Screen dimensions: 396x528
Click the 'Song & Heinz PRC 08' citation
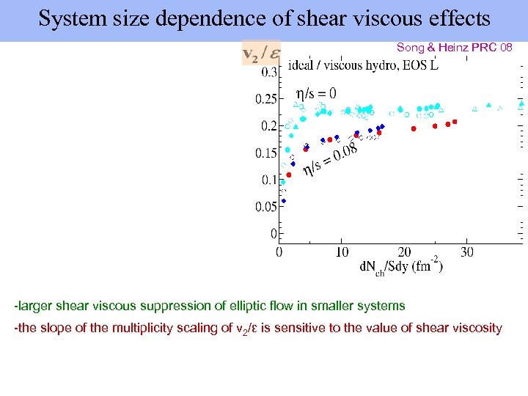click(x=454, y=47)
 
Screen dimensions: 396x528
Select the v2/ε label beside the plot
click(x=260, y=54)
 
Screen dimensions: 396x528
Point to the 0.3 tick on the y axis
click(x=268, y=72)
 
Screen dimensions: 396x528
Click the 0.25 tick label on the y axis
click(x=265, y=99)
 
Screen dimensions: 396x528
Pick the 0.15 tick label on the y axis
click(x=265, y=153)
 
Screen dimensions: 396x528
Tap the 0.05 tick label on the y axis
click(x=265, y=208)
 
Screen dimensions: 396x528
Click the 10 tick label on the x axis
click(x=342, y=252)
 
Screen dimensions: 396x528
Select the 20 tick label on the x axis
click(x=404, y=252)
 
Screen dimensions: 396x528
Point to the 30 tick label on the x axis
click(x=467, y=252)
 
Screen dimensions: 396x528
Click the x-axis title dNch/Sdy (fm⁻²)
click(x=400, y=266)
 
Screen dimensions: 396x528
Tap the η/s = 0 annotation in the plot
click(x=315, y=93)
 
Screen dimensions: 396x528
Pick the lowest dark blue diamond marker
click(x=284, y=201)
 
